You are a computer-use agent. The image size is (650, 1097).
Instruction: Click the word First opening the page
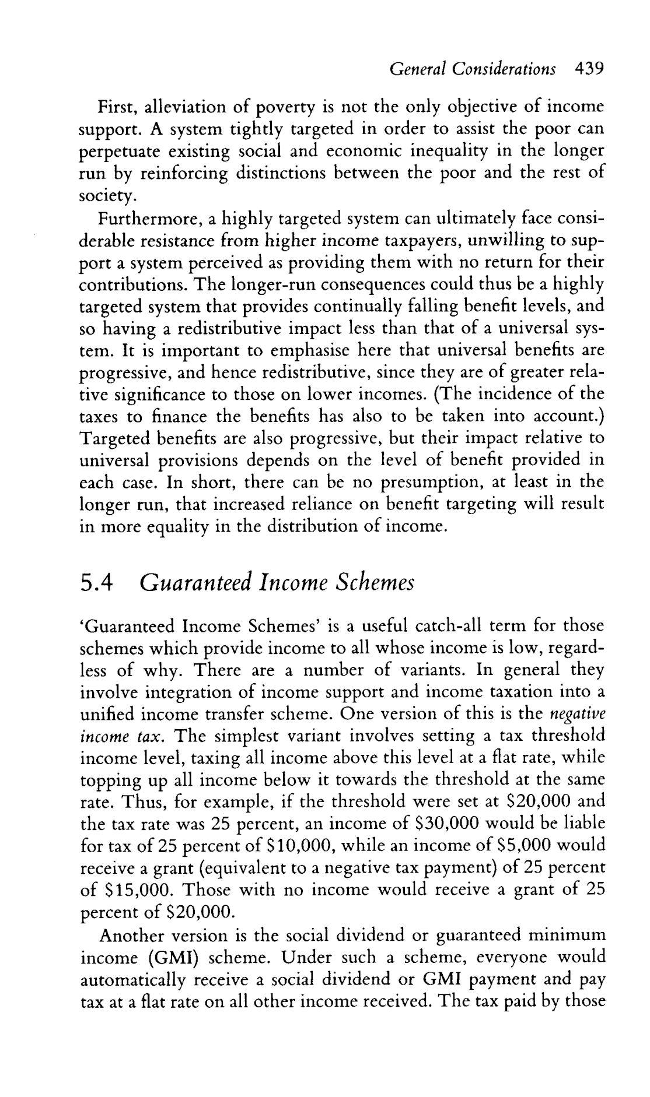tap(117, 107)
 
